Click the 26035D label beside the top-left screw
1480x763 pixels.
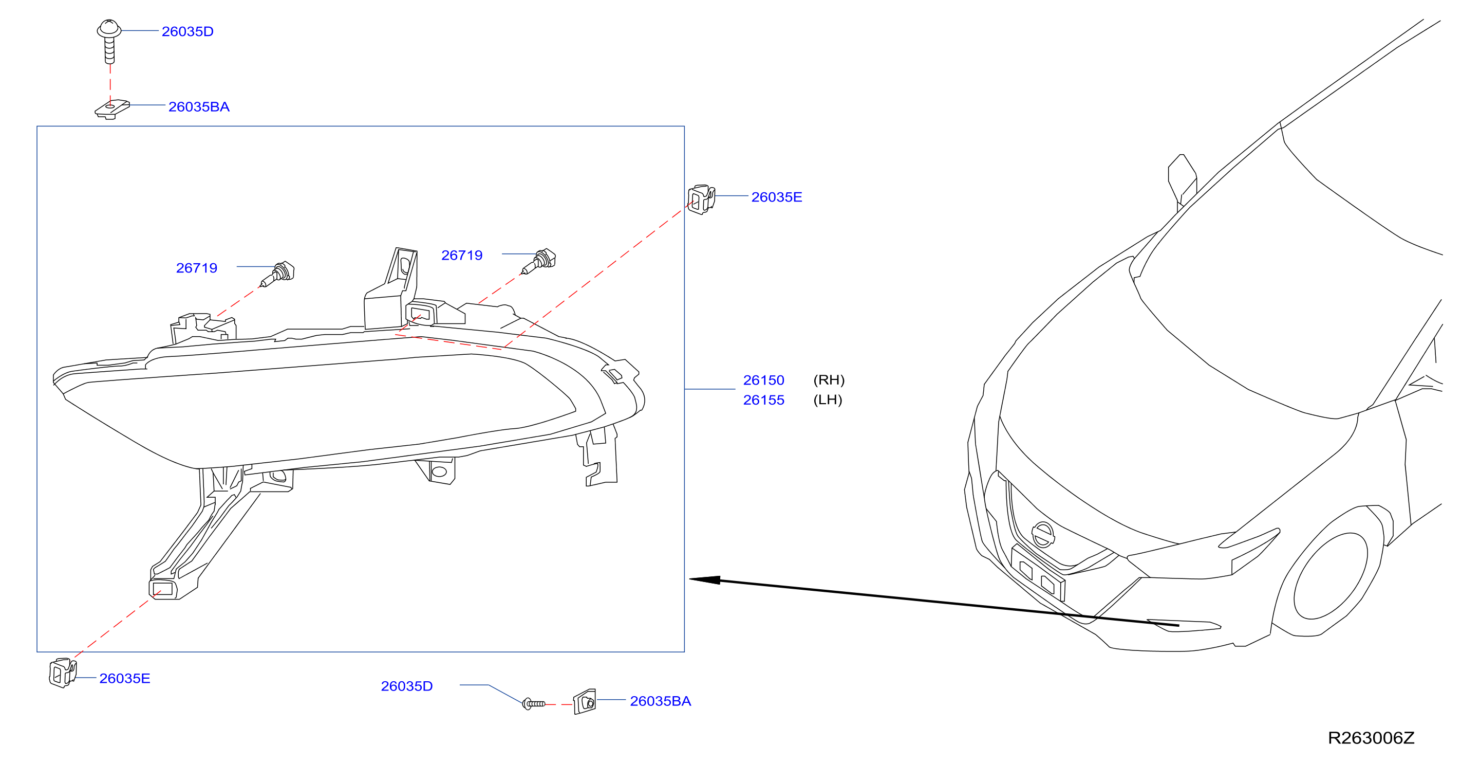pos(188,32)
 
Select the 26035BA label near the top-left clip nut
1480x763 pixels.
pos(199,107)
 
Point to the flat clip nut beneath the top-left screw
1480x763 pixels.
pos(112,109)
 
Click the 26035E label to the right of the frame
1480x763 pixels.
pos(777,197)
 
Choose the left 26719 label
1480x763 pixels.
pos(196,268)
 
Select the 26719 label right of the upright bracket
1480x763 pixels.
pos(462,256)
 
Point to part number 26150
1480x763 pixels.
pos(763,380)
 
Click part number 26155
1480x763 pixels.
pos(763,400)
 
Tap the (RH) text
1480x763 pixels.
pos(829,380)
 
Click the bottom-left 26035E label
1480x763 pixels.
pos(125,679)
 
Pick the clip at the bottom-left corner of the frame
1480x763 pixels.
pos(63,673)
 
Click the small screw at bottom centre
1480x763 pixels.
pos(534,704)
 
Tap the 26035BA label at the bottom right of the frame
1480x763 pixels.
pos(661,701)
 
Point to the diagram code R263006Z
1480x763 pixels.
pos(1372,738)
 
